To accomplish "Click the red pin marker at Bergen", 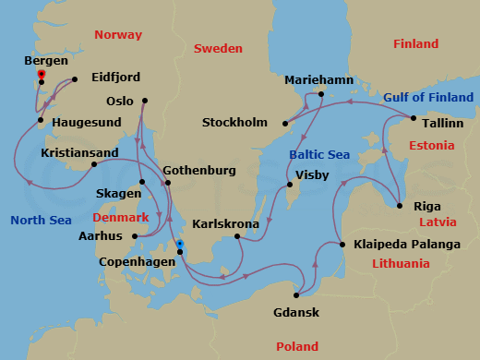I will point(41,74).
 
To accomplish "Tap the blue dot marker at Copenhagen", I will point(180,245).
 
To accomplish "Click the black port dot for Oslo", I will point(145,101).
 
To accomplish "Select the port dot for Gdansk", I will point(296,295).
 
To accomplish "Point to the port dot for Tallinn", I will point(412,117).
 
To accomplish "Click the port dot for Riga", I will point(399,205).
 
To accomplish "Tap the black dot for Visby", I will point(289,185).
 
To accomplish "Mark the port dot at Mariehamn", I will point(320,94).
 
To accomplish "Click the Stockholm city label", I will point(235,123).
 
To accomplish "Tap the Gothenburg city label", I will point(198,171).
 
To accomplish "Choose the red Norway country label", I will point(118,35).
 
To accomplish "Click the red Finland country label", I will point(415,43).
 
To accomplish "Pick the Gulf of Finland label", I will point(429,97).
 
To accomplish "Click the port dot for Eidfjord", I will point(74,79).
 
